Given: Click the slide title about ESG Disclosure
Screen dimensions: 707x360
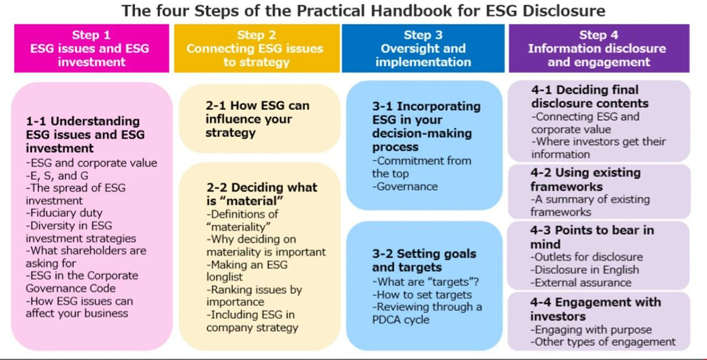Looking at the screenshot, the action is point(364,11).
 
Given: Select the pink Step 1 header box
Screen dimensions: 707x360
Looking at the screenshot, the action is point(91,48).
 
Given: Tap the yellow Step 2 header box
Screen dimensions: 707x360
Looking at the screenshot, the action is point(257,48).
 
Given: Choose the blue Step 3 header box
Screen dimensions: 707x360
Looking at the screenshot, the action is point(423,48).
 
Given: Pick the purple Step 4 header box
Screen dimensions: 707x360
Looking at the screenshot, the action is point(599,48).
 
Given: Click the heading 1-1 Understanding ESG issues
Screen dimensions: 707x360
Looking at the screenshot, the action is point(85,135).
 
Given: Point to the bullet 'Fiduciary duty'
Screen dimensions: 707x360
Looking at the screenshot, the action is point(64,213).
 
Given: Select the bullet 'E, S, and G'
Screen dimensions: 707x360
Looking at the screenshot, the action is point(57,176).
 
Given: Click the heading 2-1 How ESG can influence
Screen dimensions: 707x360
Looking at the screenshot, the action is point(257,119).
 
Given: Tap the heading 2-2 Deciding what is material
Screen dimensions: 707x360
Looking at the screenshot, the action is point(262,194).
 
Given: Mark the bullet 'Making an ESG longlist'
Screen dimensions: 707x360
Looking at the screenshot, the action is point(247,270).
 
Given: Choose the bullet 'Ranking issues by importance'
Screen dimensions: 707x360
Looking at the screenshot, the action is point(255,296).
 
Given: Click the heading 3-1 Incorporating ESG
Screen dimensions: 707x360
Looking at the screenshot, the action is point(426,127).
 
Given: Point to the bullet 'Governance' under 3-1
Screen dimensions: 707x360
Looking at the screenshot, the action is point(405,186).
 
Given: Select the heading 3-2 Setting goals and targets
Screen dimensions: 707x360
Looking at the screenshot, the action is point(424,260).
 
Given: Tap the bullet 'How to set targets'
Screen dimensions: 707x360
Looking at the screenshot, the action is point(422,295).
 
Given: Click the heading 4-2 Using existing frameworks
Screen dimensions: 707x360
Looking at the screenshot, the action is point(586,180).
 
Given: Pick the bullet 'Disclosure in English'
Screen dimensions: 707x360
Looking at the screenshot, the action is point(585,270).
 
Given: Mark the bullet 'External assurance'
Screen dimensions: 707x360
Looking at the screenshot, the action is point(581,282).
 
